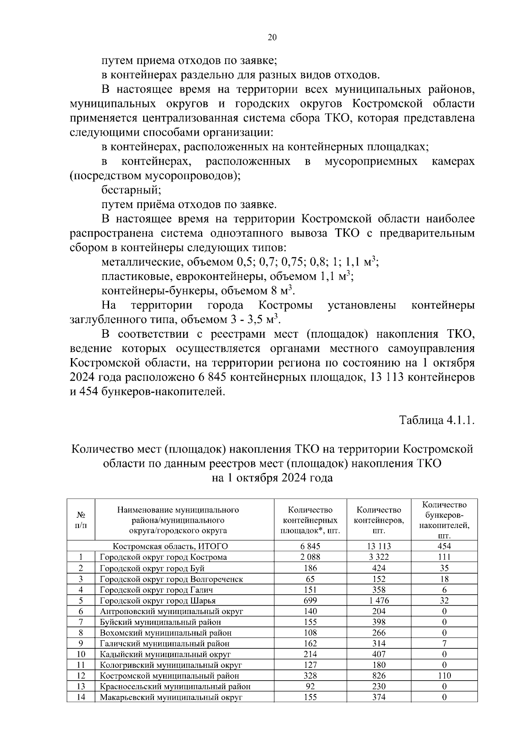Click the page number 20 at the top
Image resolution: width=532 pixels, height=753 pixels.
272,38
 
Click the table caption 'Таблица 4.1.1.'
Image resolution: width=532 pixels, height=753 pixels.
437,420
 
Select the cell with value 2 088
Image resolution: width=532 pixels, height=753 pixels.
310,557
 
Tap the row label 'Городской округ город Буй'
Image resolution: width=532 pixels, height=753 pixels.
152,568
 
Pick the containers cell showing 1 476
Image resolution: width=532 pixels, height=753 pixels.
379,600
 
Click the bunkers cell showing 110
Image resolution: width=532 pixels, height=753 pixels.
444,675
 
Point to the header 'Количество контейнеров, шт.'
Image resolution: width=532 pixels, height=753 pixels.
379,520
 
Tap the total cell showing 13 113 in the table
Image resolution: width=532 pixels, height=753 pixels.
379,546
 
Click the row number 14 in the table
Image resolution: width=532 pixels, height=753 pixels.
81,697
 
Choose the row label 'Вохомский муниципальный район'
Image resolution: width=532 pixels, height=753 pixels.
165,633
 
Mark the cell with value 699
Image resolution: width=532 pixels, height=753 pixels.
310,600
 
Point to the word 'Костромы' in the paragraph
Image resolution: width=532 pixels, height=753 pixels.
285,305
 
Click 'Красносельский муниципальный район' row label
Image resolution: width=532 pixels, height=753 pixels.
175,686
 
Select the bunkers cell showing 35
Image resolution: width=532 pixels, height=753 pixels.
444,568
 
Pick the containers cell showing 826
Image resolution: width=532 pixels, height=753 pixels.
379,675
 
